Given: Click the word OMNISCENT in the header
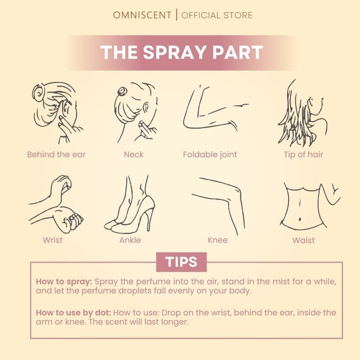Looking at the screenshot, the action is [142, 15].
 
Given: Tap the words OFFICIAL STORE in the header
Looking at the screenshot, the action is [217, 15].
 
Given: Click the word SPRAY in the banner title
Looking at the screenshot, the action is [174, 52].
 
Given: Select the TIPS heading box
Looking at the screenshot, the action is [181, 262].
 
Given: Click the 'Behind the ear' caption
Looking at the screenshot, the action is [56, 155].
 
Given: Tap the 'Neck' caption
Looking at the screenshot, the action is [133, 155].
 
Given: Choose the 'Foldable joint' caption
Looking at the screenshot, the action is [210, 155].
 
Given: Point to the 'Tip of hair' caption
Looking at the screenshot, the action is [303, 155].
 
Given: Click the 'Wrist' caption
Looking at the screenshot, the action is [53, 240].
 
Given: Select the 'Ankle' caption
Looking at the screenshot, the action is [130, 240].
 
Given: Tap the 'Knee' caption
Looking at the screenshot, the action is [217, 240].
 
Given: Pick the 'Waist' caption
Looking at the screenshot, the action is [303, 240].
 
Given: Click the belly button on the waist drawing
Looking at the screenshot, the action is [300, 220].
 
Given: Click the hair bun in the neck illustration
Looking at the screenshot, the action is [121, 91].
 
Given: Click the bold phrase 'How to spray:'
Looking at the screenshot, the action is [64, 282].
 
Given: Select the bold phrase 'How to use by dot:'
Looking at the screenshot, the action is [73, 313].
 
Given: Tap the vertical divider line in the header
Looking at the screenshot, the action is [177, 15].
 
